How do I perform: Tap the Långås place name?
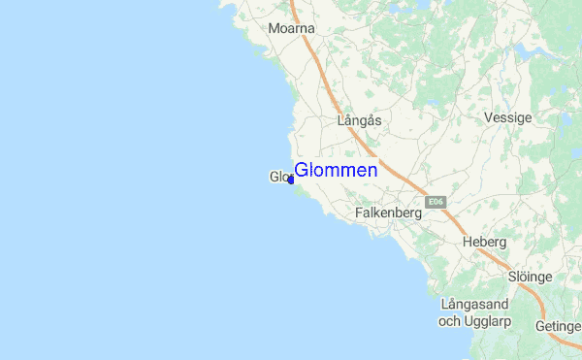[x=359, y=121]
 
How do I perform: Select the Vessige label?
[x=508, y=117]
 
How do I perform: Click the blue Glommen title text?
[x=336, y=170]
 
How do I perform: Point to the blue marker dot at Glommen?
[x=291, y=180]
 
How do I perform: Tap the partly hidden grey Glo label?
[x=278, y=177]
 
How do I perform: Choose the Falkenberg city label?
[x=388, y=212]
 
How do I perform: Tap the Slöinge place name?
[x=530, y=277]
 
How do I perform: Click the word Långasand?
[x=475, y=305]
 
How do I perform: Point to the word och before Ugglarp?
[x=450, y=320]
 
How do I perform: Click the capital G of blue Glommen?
[x=302, y=170]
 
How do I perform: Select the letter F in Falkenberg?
[x=359, y=212]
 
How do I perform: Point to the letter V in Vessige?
[x=488, y=117]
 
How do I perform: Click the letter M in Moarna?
[x=274, y=29]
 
